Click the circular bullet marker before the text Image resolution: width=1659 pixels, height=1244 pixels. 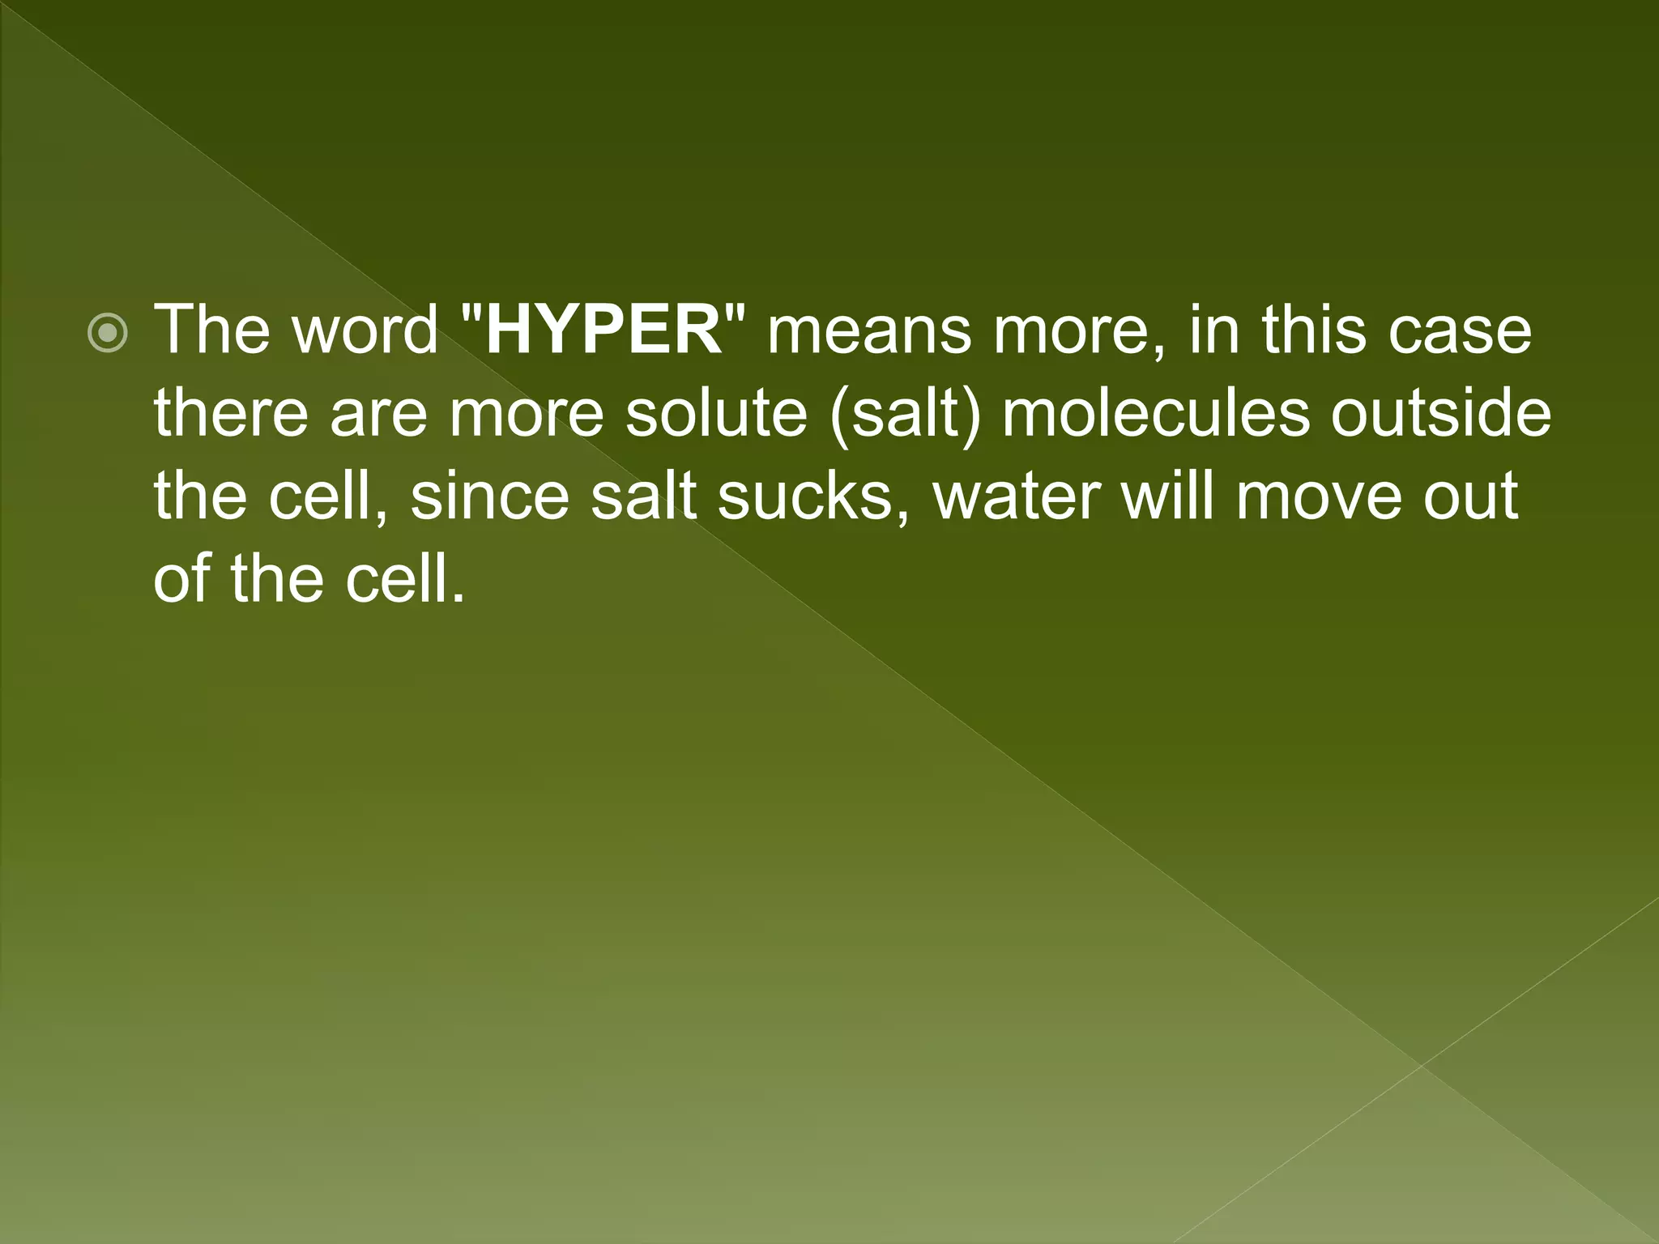(x=108, y=333)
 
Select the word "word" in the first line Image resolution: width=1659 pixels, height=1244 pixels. (x=365, y=330)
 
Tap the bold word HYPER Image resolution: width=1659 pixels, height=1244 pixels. (x=603, y=330)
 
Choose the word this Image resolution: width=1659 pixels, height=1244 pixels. (x=1319, y=330)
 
